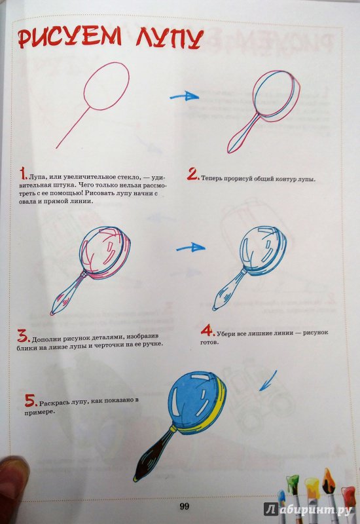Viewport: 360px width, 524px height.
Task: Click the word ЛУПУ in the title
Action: click(170, 38)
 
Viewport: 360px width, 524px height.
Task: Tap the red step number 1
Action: click(23, 174)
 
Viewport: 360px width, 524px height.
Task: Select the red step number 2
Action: click(193, 174)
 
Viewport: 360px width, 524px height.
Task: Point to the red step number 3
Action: click(24, 336)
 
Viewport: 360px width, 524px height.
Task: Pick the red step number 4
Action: click(207, 330)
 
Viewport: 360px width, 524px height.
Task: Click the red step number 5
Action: click(31, 400)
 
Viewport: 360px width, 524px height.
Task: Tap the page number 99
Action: click(185, 506)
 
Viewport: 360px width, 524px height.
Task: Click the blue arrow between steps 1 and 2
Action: click(185, 96)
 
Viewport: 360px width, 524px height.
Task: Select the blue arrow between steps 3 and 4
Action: click(190, 248)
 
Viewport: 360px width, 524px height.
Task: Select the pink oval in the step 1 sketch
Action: click(106, 86)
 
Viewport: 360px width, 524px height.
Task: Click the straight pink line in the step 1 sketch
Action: click(73, 128)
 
